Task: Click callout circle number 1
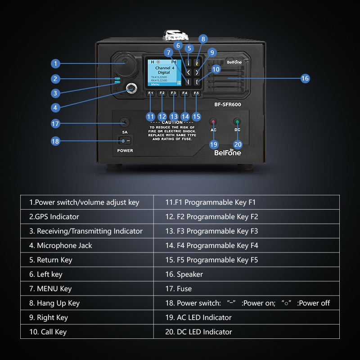pyautogui.click(x=55, y=63)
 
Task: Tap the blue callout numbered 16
pyautogui.click(x=305, y=78)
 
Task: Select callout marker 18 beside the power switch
pyautogui.click(x=55, y=141)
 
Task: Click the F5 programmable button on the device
pyautogui.click(x=196, y=94)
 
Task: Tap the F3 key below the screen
pyautogui.click(x=173, y=94)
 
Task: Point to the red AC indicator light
pyautogui.click(x=214, y=121)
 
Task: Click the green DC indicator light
pyautogui.click(x=237, y=121)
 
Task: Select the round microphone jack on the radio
pyautogui.click(x=131, y=88)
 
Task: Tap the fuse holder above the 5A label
pyautogui.click(x=124, y=122)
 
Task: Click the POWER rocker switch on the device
pyautogui.click(x=125, y=141)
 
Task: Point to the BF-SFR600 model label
pyautogui.click(x=227, y=105)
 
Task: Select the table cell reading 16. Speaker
pyautogui.click(x=247, y=274)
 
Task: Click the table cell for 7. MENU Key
pyautogui.click(x=87, y=288)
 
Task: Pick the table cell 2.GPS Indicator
pyautogui.click(x=87, y=216)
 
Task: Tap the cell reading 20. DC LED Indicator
pyautogui.click(x=247, y=332)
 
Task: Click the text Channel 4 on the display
pyautogui.click(x=164, y=68)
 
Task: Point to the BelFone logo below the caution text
pyautogui.click(x=227, y=152)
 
